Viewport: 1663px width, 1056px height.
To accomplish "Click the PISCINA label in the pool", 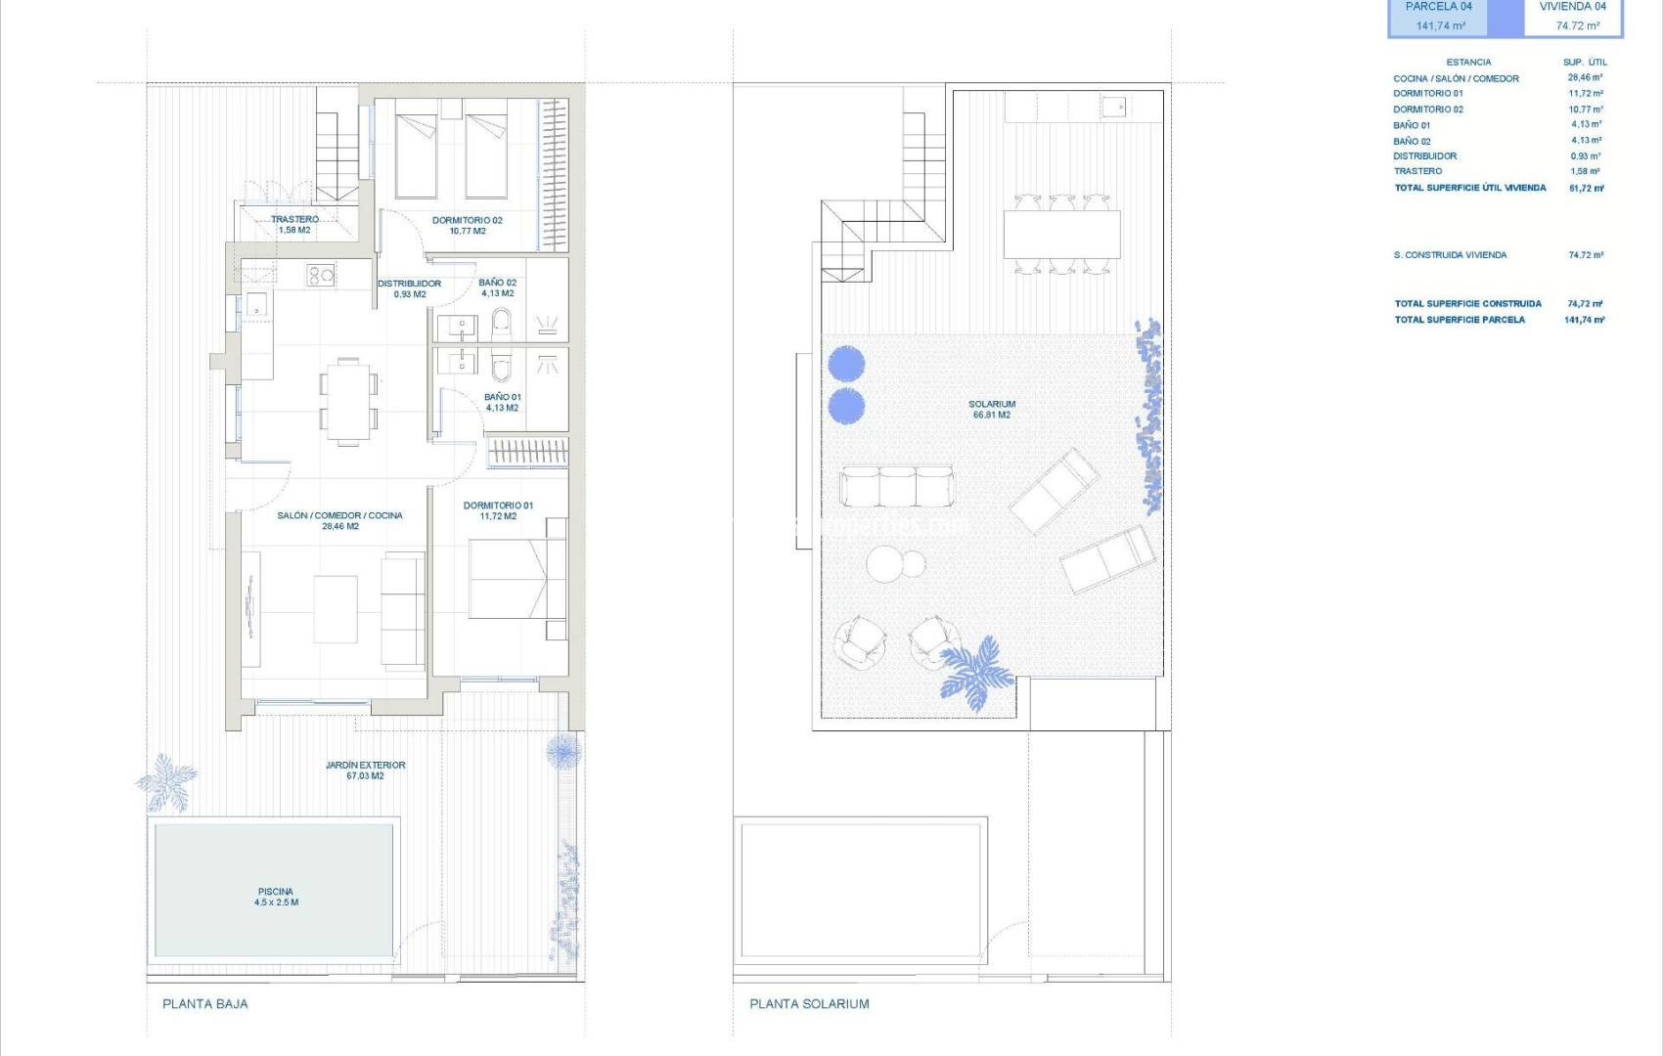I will (276, 892).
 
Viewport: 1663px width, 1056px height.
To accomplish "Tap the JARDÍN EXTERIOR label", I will (365, 766).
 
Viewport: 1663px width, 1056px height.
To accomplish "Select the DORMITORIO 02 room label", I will (468, 221).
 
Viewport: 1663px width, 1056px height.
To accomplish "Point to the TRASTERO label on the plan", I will (294, 220).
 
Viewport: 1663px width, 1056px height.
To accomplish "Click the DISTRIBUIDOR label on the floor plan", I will (409, 284).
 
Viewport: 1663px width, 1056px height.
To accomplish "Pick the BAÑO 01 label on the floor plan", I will (502, 398).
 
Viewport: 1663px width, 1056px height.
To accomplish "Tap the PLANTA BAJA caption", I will (205, 1003).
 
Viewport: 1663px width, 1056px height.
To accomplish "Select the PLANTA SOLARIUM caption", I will (809, 1003).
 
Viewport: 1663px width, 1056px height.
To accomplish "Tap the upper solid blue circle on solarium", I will (846, 365).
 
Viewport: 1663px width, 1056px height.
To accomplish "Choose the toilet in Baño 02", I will (502, 322).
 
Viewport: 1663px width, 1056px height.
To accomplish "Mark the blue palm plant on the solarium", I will (974, 671).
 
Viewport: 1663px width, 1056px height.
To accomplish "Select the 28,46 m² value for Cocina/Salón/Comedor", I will (1585, 77).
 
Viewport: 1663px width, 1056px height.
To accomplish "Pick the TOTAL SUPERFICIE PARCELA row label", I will (1460, 320).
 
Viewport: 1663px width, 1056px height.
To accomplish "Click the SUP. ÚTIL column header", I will (1585, 62).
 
